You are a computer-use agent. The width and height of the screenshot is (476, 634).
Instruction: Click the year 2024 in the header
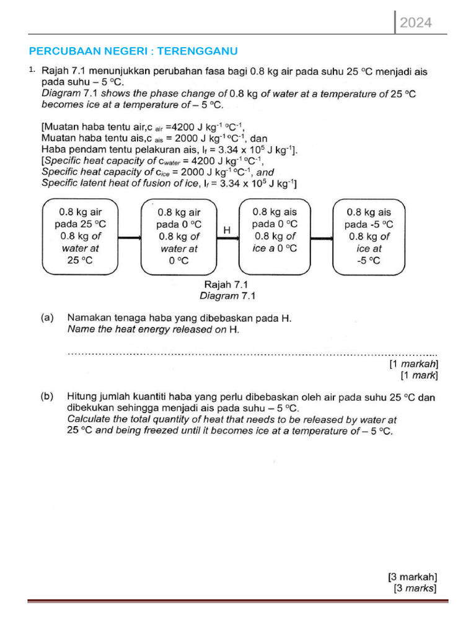pos(415,24)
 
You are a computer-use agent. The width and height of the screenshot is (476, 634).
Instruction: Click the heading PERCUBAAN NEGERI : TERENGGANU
pos(134,51)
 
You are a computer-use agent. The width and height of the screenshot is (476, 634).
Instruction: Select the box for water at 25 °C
pos(80,236)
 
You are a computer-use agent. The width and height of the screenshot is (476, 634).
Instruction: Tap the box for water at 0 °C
pos(179,237)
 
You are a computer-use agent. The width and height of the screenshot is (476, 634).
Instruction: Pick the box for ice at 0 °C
pos(275,236)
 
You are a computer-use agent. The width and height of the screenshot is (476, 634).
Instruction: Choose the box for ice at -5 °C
pos(369,236)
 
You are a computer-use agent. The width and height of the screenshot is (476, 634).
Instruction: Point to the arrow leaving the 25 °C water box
pos(130,237)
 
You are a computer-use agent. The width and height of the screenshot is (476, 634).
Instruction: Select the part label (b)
pos(47,396)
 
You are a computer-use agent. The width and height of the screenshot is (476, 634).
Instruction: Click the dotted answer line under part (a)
pos(252,354)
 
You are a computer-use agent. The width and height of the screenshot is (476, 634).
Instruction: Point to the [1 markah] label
pos(413,364)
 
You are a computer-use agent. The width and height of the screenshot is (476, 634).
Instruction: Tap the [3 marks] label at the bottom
pos(415,588)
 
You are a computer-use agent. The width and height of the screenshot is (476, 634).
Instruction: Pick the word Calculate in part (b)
pos(89,419)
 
